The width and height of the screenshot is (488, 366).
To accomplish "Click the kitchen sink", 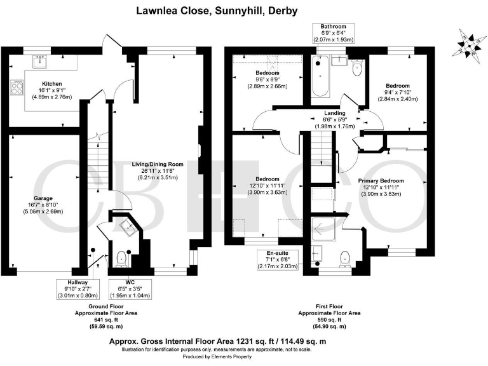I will click(x=43, y=61).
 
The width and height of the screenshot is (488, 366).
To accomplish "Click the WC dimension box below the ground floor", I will click(x=130, y=290).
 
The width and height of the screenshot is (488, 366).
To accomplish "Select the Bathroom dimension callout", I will click(x=332, y=33).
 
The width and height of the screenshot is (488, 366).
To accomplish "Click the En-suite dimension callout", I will click(x=278, y=261).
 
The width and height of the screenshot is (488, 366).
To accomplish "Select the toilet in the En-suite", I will click(x=344, y=257).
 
